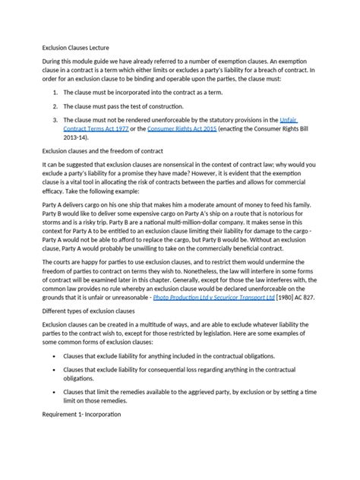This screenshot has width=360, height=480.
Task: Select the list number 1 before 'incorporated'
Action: coord(53,91)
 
